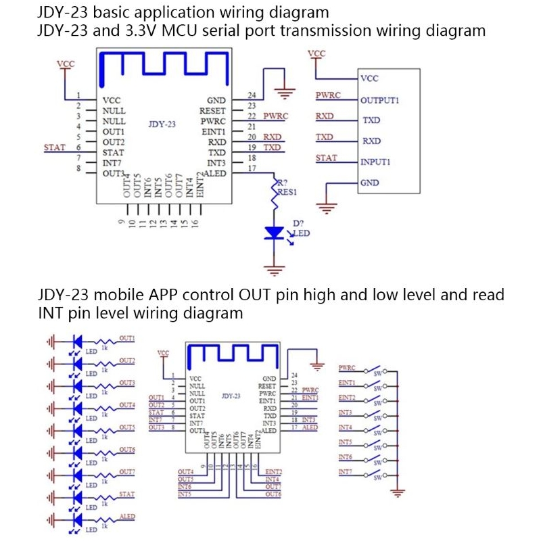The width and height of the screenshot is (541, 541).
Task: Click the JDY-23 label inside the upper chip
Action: (x=162, y=124)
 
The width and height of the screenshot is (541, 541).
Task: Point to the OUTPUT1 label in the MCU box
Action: (x=379, y=100)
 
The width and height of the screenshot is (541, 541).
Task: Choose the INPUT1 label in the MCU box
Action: (x=375, y=162)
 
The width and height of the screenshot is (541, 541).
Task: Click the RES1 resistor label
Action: (x=287, y=193)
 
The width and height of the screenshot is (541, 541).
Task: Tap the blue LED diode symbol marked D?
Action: (x=274, y=232)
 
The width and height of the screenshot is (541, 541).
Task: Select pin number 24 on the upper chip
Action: (x=252, y=95)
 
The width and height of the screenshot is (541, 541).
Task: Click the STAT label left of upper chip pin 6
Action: (x=54, y=147)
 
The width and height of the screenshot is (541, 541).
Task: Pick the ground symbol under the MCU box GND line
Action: (x=327, y=208)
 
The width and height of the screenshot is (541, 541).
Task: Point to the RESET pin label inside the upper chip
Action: (x=212, y=110)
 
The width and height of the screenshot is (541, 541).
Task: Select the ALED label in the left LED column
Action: (x=126, y=517)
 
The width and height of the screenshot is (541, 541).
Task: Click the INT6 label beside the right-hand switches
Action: (x=346, y=458)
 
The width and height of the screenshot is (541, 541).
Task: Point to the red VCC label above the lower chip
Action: (x=163, y=352)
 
